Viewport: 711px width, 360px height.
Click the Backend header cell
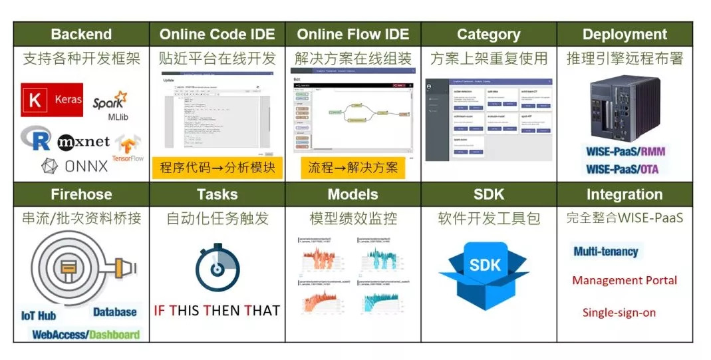81,35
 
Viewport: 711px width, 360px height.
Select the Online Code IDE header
217,35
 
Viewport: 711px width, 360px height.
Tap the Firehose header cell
81,195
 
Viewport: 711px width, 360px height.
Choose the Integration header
624,195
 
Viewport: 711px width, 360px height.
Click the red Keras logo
52,100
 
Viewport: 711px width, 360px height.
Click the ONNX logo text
75,166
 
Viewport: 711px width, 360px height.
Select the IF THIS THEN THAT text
217,310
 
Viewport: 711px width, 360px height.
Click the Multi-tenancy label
605,252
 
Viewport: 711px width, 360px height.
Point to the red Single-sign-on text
619,312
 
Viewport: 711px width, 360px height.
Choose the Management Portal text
625,280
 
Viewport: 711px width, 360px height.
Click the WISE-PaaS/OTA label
623,169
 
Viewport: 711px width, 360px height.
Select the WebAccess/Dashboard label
86,334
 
